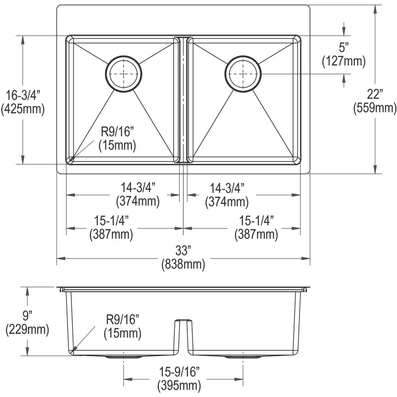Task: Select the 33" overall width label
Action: [x=183, y=250]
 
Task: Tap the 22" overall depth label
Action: [x=375, y=93]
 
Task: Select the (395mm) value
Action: [x=179, y=386]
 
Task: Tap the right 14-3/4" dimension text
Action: [x=227, y=188]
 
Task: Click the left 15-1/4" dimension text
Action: [x=111, y=221]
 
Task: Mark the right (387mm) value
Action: [x=256, y=234]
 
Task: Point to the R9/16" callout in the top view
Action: [x=117, y=132]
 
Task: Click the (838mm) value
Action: [x=183, y=264]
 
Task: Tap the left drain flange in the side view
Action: [x=124, y=357]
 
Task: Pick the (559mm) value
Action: [x=375, y=108]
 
